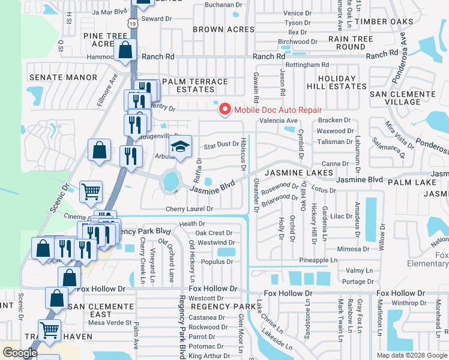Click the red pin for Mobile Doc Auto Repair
click(225, 109)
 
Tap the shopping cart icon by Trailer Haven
click(49, 329)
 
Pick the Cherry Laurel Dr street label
click(189, 209)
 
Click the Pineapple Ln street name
click(318, 260)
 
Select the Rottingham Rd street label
click(307, 65)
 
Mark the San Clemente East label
click(101, 310)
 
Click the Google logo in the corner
click(19, 353)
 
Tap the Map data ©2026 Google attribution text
click(411, 355)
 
